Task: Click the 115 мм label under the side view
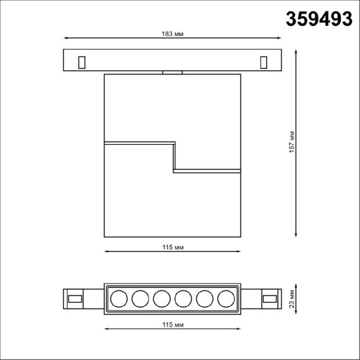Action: click(172, 246)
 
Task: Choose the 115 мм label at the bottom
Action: click(172, 325)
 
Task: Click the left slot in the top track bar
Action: click(81, 61)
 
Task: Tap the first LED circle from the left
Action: click(119, 300)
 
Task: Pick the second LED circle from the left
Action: click(140, 300)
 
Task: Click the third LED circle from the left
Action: click(161, 300)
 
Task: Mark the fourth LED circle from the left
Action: click(182, 300)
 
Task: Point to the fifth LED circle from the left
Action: click(204, 300)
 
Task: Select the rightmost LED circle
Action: click(225, 300)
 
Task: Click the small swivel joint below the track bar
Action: click(173, 73)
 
